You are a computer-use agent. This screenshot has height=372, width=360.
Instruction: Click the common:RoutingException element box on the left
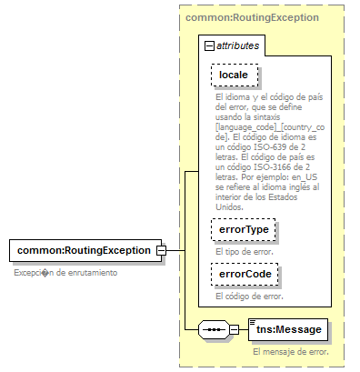(x=85, y=250)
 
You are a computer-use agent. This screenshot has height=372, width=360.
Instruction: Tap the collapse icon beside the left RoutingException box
(x=160, y=250)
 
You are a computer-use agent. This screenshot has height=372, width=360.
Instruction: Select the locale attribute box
(x=234, y=74)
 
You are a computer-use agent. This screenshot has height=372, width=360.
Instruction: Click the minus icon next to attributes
(x=210, y=45)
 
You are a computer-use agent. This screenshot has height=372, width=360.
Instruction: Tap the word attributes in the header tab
(x=238, y=45)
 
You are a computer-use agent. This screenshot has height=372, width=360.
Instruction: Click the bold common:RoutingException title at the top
(x=239, y=17)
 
